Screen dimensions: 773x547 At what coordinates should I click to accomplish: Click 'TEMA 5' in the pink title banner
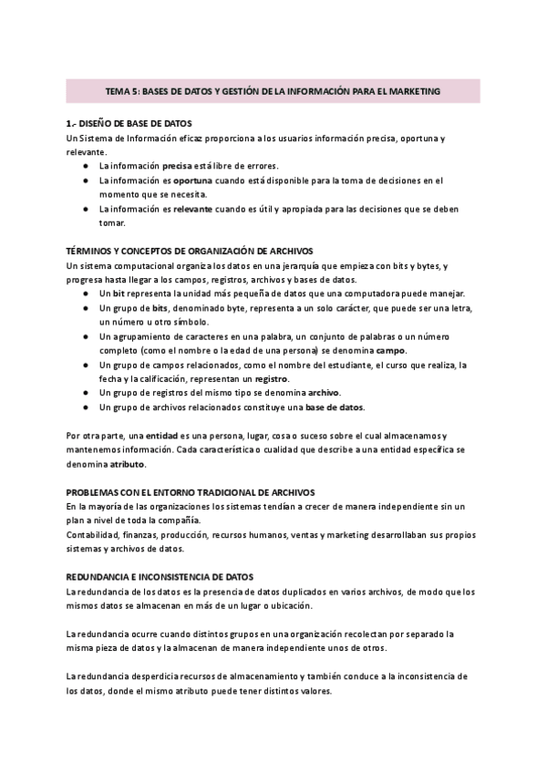coord(122,91)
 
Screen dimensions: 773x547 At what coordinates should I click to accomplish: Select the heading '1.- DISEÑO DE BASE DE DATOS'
coord(129,123)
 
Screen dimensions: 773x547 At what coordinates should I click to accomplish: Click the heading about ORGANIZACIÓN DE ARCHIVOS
coord(190,251)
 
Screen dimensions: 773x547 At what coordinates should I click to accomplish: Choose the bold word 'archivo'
coord(324,393)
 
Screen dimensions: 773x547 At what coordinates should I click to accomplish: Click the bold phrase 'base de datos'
coord(334,407)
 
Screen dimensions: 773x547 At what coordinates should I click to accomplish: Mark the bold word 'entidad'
coord(162,436)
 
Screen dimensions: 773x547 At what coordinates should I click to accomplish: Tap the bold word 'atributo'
coord(128,464)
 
